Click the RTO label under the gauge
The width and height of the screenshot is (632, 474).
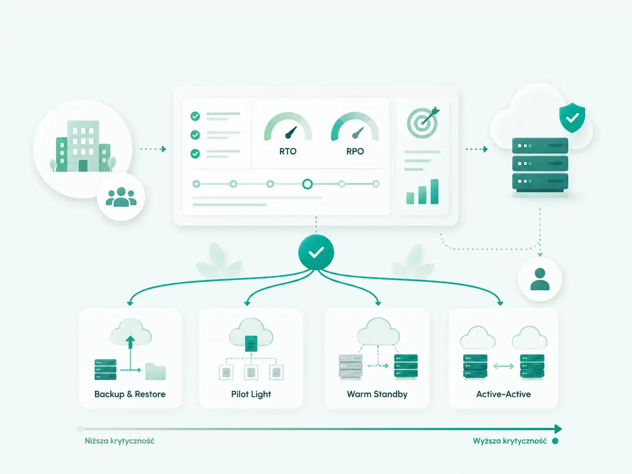(x=288, y=151)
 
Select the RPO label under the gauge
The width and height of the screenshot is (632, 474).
(x=355, y=151)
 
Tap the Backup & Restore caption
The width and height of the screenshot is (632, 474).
(x=130, y=394)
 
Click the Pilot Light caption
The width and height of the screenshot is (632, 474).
(x=251, y=394)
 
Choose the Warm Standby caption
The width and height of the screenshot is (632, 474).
(x=377, y=394)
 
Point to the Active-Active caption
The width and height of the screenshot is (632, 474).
(x=504, y=394)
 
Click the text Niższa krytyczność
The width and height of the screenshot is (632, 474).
(x=120, y=441)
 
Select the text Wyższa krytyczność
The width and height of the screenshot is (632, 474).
(x=510, y=441)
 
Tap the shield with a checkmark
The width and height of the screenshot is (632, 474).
(x=572, y=118)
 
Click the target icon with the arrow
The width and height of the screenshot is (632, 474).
(x=423, y=123)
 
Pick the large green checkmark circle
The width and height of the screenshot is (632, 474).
(x=316, y=252)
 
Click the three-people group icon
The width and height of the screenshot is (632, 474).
(x=121, y=197)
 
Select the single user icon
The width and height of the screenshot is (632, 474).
(x=540, y=279)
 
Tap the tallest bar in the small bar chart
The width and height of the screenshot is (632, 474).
(x=434, y=192)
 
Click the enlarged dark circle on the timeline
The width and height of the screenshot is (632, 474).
(x=308, y=184)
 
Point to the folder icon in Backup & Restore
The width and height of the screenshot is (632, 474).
(x=155, y=371)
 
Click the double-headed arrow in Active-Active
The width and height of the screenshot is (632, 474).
(x=504, y=366)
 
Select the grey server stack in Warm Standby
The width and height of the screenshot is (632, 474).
(x=350, y=366)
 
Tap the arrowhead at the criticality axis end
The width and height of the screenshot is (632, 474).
(x=558, y=429)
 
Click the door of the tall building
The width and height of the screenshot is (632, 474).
(x=83, y=166)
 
